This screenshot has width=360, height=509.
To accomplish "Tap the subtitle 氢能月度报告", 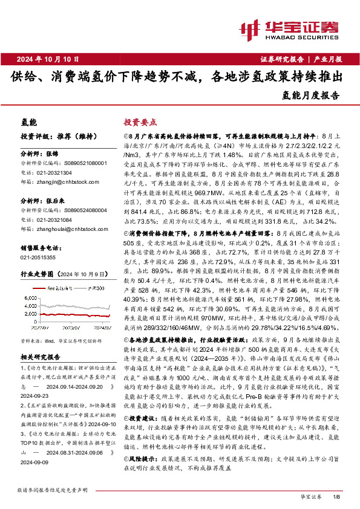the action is tap(311, 96).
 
